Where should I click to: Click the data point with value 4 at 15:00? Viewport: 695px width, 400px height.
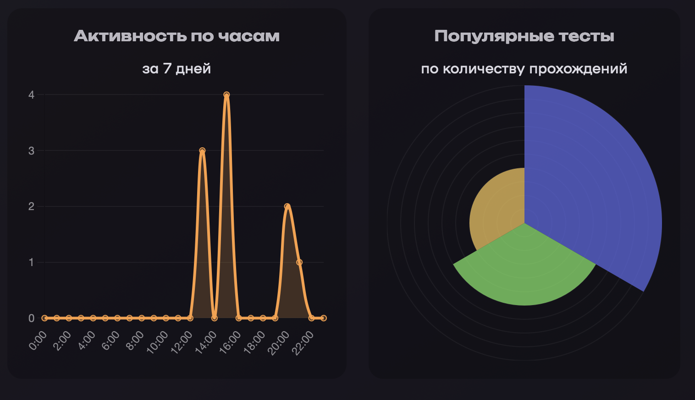coord(226,95)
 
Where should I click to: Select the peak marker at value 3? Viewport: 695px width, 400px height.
coord(202,150)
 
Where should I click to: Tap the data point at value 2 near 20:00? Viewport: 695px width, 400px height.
coord(287,206)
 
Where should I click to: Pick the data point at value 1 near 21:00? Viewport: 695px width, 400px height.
coord(299,262)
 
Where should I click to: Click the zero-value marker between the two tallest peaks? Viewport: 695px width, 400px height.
coord(215,318)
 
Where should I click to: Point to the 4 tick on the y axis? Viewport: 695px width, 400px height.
coord(31,95)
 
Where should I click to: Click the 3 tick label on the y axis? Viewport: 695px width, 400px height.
coord(31,151)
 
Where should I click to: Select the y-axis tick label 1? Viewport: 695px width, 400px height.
coord(31,262)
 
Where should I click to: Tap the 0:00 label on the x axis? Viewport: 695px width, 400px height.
coord(38,341)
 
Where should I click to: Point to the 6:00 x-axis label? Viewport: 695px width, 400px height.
coord(110,341)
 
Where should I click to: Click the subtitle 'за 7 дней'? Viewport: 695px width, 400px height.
coord(177,69)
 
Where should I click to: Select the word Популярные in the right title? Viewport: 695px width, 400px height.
coord(485,36)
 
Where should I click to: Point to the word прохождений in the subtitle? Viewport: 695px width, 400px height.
coord(578,69)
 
